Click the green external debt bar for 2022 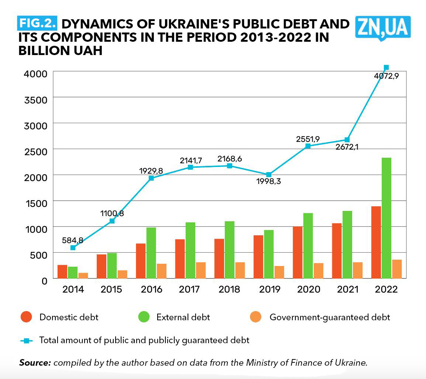pos(387,218)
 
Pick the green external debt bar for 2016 pos(151,253)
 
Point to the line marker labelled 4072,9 pos(386,68)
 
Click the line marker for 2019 pos(269,174)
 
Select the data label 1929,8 pos(151,171)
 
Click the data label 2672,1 pos(347,147)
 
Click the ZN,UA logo pos(383,27)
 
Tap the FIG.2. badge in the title pos(37,23)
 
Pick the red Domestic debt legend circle pos(26,317)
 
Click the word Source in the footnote pos(35,362)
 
